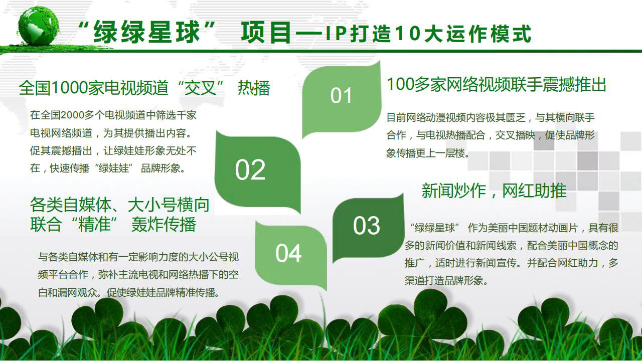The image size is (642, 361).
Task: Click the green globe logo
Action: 39,26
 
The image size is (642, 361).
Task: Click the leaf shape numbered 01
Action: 342,99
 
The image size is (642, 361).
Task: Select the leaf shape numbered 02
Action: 257,172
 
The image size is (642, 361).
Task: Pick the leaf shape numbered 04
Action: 290,255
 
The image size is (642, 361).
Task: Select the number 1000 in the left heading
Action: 70,88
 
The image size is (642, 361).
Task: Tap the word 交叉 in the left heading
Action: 200,88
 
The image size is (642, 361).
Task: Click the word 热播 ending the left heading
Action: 254,88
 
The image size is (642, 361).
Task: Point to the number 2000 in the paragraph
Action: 73,115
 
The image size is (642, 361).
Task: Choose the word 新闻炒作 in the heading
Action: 454,191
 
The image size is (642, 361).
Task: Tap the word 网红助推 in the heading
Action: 534,191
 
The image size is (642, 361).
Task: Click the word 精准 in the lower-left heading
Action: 95,224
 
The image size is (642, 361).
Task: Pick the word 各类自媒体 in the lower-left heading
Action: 71,205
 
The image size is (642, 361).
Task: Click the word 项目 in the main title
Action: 266,33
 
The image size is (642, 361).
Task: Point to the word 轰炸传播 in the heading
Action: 164,224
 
